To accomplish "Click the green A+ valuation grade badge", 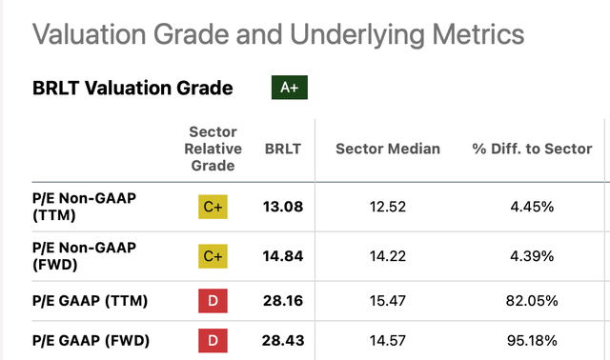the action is click(290, 88).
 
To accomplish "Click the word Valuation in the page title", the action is click(90, 34).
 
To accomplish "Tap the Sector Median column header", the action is click(388, 149).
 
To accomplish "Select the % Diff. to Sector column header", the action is click(532, 149).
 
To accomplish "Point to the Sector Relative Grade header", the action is click(213, 149).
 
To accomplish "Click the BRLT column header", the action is click(283, 149).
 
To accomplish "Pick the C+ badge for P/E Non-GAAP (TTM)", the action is click(213, 207).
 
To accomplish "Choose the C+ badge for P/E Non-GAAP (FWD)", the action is click(213, 256).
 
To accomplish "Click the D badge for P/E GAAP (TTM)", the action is click(213, 301).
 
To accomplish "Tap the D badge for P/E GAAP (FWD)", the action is click(213, 341).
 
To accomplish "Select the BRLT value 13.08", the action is click(283, 207).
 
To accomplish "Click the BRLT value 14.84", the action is click(283, 256).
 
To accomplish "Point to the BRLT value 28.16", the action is click(283, 301).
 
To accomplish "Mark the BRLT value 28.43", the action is click(283, 341).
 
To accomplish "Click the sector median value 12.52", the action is click(388, 207).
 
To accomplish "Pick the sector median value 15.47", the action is click(388, 301).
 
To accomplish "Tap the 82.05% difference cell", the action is click(532, 301).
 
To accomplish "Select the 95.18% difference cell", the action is click(532, 341).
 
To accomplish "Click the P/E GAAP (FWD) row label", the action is click(91, 341).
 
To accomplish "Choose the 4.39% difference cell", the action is click(532, 256).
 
